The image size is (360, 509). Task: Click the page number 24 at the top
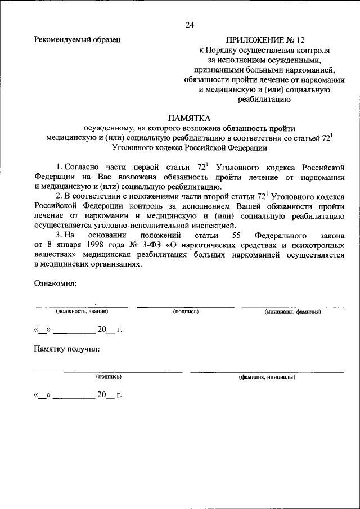coord(190,25)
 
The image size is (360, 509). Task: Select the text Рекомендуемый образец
coord(77,39)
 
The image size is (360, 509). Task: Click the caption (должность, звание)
coord(81,311)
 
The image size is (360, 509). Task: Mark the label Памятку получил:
coord(66,349)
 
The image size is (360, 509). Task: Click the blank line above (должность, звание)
coord(80,307)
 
